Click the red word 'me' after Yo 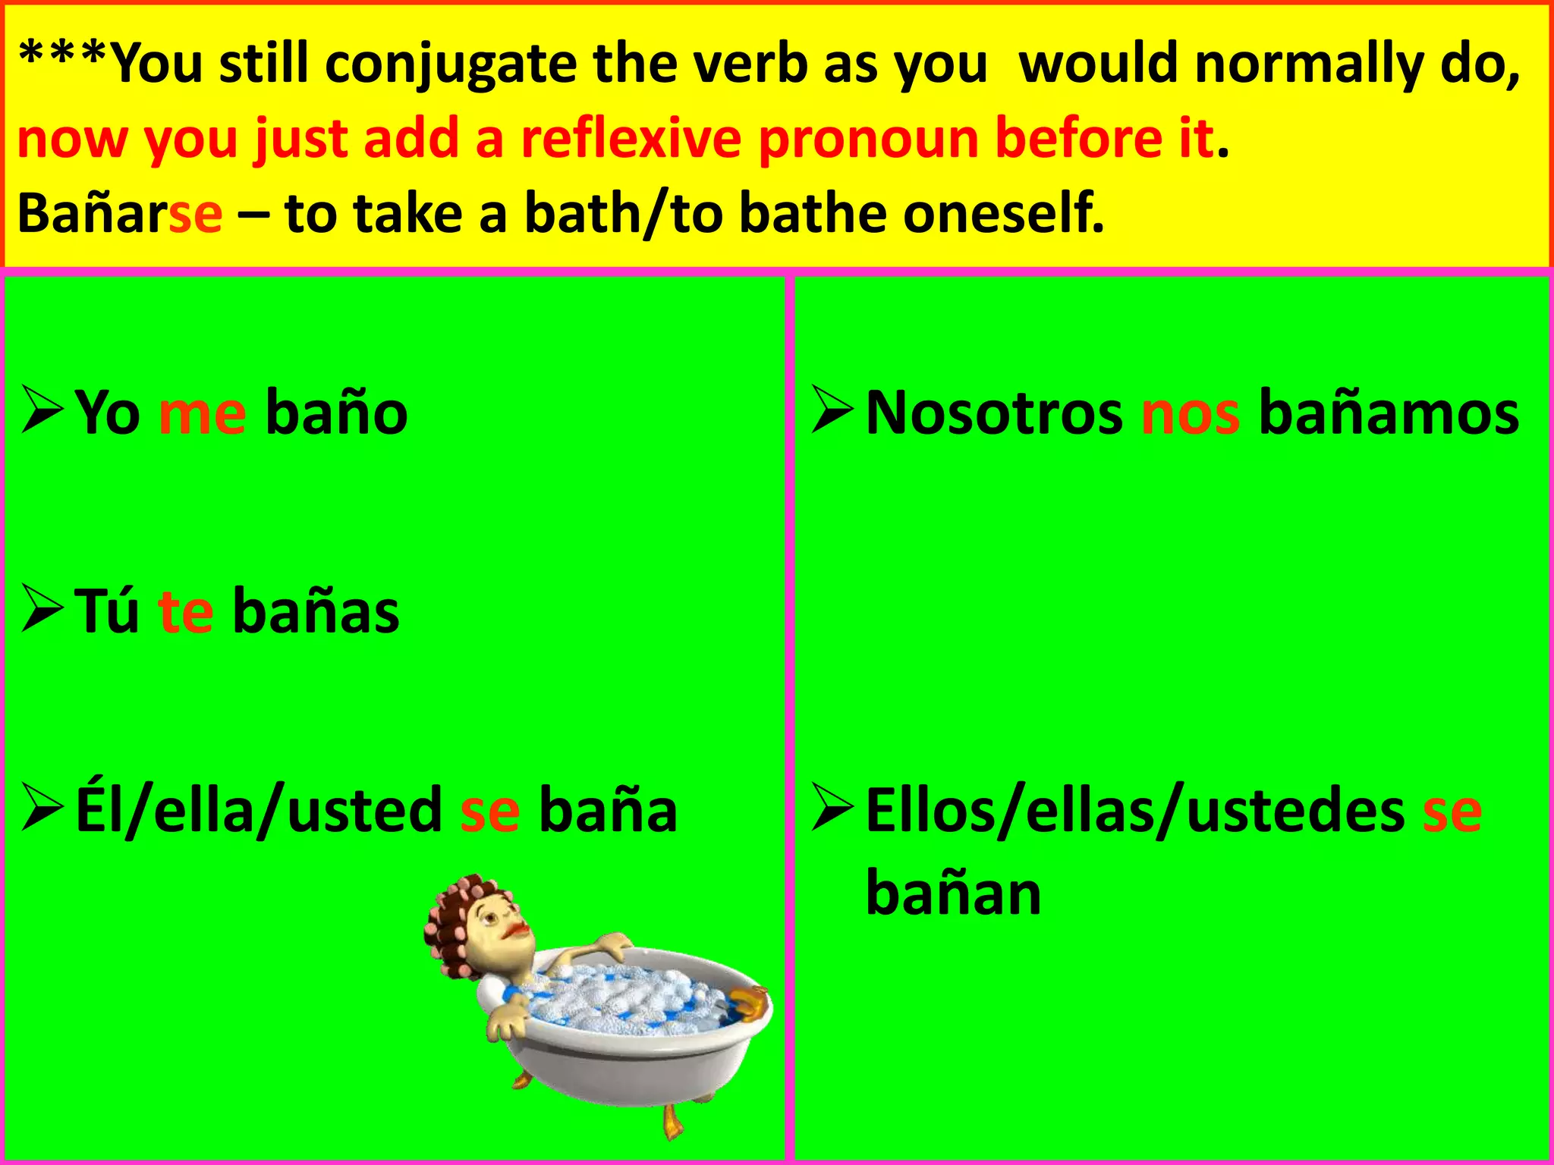(202, 414)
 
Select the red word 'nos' (1191, 414)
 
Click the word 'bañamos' (1389, 414)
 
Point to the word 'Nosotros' (994, 414)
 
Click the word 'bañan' (953, 893)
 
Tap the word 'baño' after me (337, 414)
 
